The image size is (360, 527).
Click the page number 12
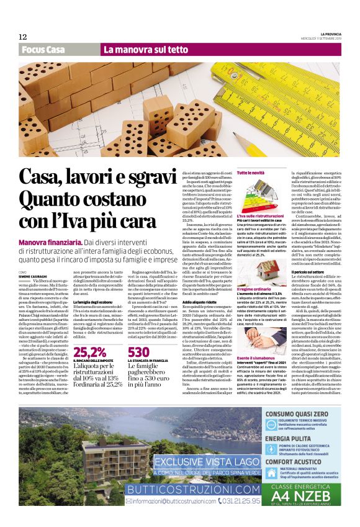[x=23, y=37]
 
